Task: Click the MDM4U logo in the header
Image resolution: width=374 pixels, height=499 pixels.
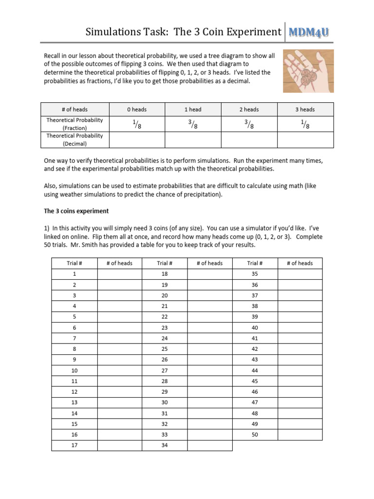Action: (x=309, y=32)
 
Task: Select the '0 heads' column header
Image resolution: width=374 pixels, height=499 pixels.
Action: (x=137, y=110)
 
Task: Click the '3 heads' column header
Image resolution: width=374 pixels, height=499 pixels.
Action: (x=305, y=110)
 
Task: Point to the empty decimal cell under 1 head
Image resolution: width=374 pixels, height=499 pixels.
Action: (x=193, y=140)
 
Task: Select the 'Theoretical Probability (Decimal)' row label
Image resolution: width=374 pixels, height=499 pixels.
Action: (x=75, y=140)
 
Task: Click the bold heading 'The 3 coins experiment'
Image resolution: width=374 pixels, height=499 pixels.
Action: (x=76, y=211)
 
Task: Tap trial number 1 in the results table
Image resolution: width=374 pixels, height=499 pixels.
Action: (x=75, y=274)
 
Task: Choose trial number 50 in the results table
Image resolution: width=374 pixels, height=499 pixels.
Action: (x=255, y=435)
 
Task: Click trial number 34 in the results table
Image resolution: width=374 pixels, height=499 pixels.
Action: (x=165, y=445)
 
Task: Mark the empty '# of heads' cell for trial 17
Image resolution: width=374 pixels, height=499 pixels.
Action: (x=119, y=445)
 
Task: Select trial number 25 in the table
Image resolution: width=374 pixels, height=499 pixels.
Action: (x=165, y=349)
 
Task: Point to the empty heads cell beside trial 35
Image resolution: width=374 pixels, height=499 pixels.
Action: (x=299, y=274)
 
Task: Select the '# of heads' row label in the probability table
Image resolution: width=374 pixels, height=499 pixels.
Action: (x=75, y=110)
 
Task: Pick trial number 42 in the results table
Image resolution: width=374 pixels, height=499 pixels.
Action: (x=255, y=349)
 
